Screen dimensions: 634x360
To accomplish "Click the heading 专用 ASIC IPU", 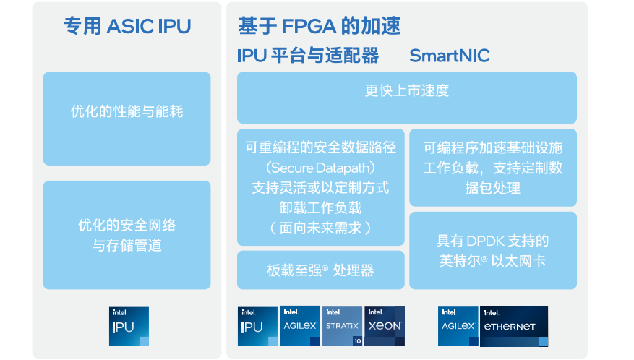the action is (x=127, y=27).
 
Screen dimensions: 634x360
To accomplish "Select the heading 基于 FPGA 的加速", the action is (x=319, y=27).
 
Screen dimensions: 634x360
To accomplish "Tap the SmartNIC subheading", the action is (x=449, y=56).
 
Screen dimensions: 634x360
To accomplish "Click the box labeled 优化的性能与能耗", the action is (x=127, y=112).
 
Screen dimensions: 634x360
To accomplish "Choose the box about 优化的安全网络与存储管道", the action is (x=127, y=236).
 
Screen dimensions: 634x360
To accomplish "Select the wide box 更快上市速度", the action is (x=407, y=91).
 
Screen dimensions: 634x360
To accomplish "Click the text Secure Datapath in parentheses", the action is (x=321, y=168).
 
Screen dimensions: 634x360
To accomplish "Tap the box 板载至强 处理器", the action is (x=321, y=270).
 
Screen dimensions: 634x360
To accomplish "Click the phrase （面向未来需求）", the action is (x=321, y=228).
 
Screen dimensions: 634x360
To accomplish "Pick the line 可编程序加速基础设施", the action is (x=493, y=148).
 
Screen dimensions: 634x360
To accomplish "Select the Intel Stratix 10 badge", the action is (x=342, y=326).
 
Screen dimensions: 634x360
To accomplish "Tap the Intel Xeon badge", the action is (x=385, y=326).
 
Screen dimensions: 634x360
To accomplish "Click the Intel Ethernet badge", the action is (x=514, y=326).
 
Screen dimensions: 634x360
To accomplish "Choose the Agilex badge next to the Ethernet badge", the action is (x=458, y=326).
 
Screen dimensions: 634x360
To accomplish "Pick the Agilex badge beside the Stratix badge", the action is (x=300, y=326).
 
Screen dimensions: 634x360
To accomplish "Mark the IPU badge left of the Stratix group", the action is (x=258, y=326).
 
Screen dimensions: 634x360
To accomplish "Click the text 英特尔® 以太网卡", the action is (x=493, y=261).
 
